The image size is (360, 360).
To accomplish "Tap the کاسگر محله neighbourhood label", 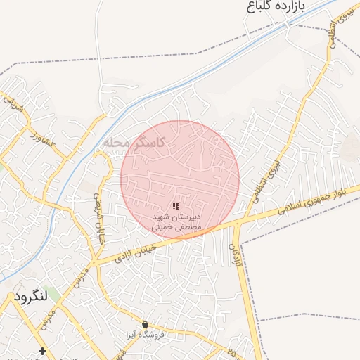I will [x=134, y=142].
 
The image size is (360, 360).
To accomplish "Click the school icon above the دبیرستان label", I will [x=176, y=206].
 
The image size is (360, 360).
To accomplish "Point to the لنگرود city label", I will [x=30, y=297].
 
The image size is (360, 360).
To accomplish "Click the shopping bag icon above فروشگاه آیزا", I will [x=145, y=325].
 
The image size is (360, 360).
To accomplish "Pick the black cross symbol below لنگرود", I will [x=43, y=351].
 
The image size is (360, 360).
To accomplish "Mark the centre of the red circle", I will [x=180, y=179].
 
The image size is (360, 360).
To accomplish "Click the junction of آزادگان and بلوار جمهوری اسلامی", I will [x=239, y=222].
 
